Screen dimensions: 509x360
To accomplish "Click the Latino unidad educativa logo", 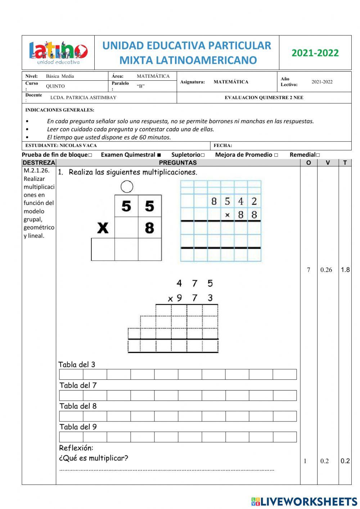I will pos(58,53).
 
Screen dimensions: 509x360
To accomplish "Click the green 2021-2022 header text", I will pos(315,53).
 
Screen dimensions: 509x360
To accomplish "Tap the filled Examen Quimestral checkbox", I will pos(159,155).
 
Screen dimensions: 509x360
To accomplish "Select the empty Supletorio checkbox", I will pos(203,155).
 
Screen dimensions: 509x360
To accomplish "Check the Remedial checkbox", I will pos(318,155).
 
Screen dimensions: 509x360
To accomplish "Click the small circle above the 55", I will pos(127,187).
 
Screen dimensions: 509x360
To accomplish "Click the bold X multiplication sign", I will pos(103,228).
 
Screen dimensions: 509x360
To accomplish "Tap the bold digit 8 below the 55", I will pos(149,228).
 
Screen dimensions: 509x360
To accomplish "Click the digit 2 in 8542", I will pos(254,201).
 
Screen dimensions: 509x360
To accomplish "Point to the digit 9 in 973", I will pos(179,298).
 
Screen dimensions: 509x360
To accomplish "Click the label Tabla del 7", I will pos(78,385).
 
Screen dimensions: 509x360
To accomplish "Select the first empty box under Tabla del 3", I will pos(71,374).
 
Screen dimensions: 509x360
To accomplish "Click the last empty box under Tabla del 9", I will pos(284,437).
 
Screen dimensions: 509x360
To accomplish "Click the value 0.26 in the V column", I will pos(326,270).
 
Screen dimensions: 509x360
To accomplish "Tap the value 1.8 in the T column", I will pos(345,270).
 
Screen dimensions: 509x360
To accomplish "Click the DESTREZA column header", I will pos(39,162).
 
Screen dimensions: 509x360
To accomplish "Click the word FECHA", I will pos(222,146).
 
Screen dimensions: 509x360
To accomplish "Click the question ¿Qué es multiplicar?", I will pos(94,458).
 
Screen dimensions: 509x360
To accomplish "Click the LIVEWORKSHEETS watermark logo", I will pos(304,501).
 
